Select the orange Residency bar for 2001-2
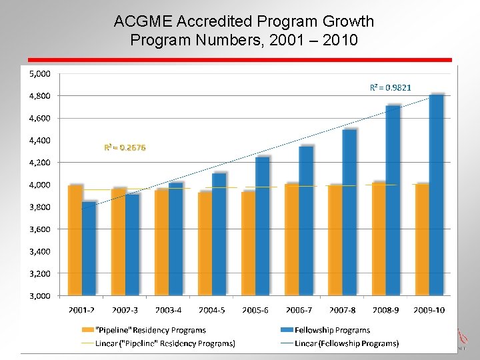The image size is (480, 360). click(75, 240)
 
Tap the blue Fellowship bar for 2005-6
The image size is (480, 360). click(262, 226)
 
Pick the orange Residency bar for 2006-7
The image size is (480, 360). click(292, 239)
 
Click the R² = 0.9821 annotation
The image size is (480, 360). click(391, 87)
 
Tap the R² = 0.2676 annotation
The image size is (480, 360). click(125, 147)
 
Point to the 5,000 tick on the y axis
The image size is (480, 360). click(39, 73)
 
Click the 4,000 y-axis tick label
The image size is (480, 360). click(39, 185)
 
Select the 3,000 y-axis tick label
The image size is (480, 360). click(39, 295)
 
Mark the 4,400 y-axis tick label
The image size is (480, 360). click(39, 140)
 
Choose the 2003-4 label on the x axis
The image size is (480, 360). click(169, 310)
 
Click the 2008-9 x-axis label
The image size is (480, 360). click(386, 310)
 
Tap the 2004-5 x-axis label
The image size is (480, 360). click(212, 310)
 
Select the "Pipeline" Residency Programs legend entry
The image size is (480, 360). click(151, 330)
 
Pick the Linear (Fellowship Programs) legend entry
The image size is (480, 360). click(349, 343)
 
